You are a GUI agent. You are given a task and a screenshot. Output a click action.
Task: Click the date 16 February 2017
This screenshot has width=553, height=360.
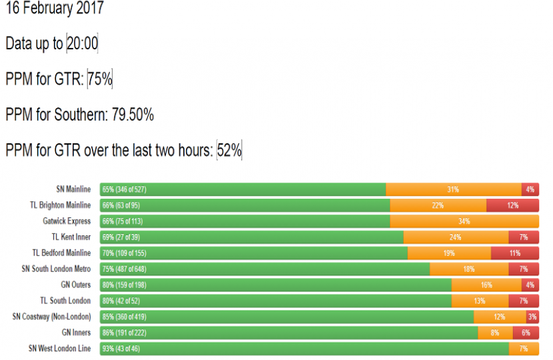pyautogui.click(x=55, y=9)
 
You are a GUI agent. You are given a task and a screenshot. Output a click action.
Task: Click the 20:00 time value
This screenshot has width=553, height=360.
pyautogui.click(x=82, y=44)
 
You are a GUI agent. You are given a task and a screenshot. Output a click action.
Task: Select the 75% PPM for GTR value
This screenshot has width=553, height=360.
pyautogui.click(x=100, y=79)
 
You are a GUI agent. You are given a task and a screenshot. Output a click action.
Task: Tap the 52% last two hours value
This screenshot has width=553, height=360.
pyautogui.click(x=229, y=151)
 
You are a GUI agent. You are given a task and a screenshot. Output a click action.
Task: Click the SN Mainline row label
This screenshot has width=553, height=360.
pyautogui.click(x=73, y=189)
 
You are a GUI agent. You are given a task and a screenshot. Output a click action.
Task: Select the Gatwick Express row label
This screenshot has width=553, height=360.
pyautogui.click(x=67, y=221)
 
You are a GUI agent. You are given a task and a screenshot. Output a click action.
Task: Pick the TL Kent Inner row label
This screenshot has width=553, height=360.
pyautogui.click(x=71, y=237)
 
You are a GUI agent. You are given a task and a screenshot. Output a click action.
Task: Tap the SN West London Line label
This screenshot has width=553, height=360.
pyautogui.click(x=60, y=348)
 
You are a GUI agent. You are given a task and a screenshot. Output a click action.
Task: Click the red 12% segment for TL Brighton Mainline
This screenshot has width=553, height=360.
pyautogui.click(x=512, y=205)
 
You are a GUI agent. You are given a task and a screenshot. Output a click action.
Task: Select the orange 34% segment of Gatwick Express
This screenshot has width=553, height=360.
pyautogui.click(x=464, y=221)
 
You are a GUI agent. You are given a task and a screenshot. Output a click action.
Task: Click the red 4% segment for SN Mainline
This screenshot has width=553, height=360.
pyautogui.click(x=530, y=189)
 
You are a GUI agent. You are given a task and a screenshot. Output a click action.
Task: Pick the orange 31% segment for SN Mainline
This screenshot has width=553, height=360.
pyautogui.click(x=453, y=189)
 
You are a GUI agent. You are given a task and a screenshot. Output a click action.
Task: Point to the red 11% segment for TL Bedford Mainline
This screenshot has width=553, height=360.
pyautogui.click(x=514, y=253)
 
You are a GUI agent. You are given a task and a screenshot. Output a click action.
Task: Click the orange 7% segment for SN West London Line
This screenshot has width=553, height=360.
pyautogui.click(x=524, y=348)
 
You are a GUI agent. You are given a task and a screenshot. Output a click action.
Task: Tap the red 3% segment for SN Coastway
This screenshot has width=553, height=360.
pyautogui.click(x=532, y=317)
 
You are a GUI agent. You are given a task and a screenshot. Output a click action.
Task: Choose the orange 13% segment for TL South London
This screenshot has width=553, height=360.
pyautogui.click(x=480, y=301)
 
